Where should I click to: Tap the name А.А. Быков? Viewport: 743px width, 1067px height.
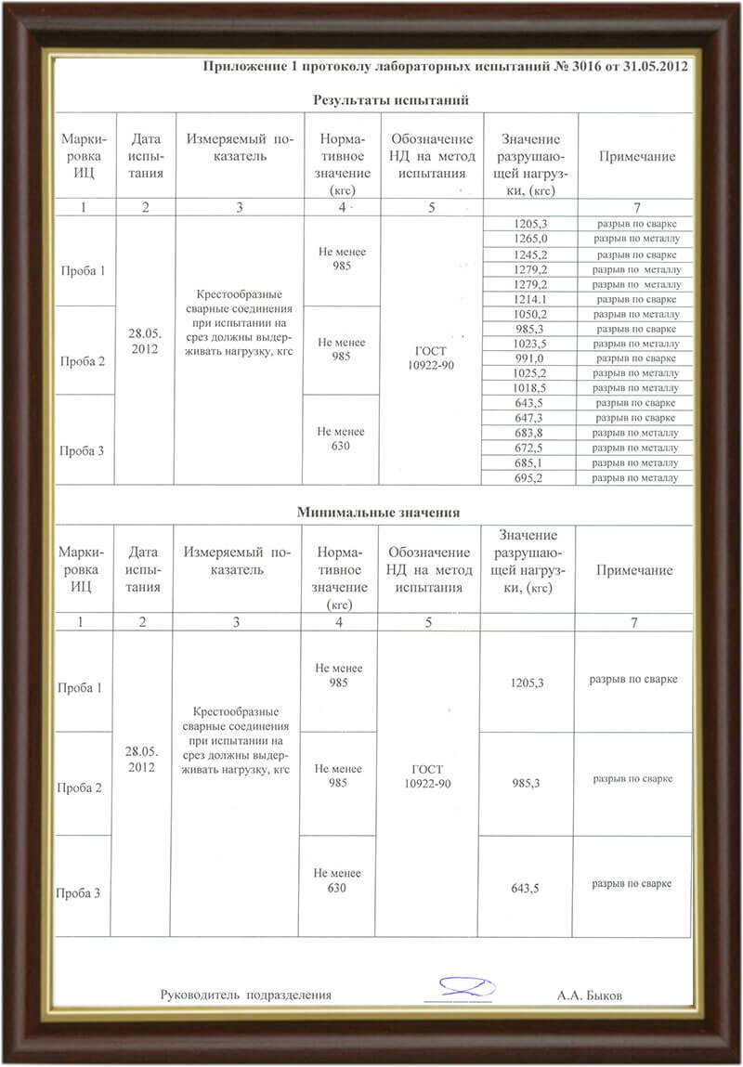[590, 995]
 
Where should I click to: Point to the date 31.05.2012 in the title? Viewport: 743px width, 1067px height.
[656, 68]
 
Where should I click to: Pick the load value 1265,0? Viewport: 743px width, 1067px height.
[530, 239]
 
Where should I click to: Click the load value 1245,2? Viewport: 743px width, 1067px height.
[530, 254]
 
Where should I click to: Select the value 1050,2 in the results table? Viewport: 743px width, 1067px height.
[530, 314]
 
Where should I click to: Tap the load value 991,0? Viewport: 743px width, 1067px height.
[530, 358]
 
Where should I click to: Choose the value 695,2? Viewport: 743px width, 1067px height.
[530, 477]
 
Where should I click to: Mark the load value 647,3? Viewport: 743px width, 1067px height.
[530, 418]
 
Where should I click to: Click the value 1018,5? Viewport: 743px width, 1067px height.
[530, 388]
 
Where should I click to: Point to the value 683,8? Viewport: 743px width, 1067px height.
[530, 433]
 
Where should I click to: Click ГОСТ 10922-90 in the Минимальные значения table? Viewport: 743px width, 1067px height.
[427, 776]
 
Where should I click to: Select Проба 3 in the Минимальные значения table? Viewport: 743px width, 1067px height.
[80, 893]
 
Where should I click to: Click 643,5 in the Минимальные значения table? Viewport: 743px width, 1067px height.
[526, 889]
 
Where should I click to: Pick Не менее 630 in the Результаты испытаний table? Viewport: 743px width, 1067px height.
[341, 438]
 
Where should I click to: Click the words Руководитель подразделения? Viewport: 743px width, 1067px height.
[246, 995]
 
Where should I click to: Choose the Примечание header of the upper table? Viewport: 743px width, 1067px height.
[636, 157]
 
